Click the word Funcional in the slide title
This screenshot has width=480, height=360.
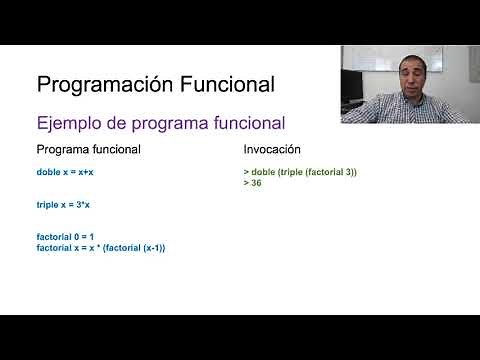pos(220,83)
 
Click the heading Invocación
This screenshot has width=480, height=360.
pos(273,149)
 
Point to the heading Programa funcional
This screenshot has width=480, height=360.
pos(88,149)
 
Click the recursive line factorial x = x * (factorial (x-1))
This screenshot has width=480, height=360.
pos(100,247)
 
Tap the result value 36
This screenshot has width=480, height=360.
pos(257,184)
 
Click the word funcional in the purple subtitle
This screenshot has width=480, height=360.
pos(250,123)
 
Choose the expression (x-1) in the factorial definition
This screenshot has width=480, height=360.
pos(149,247)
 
